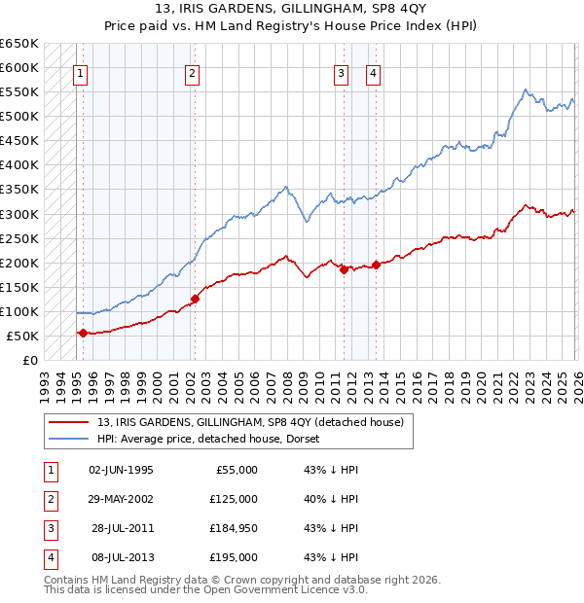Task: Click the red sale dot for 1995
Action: point(83,333)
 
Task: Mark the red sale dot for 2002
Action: point(195,299)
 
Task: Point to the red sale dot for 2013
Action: point(376,265)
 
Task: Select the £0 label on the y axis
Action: point(29,361)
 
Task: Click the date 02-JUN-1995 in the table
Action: point(121,470)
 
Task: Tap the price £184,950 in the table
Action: point(234,528)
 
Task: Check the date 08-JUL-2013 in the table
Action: point(121,557)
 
